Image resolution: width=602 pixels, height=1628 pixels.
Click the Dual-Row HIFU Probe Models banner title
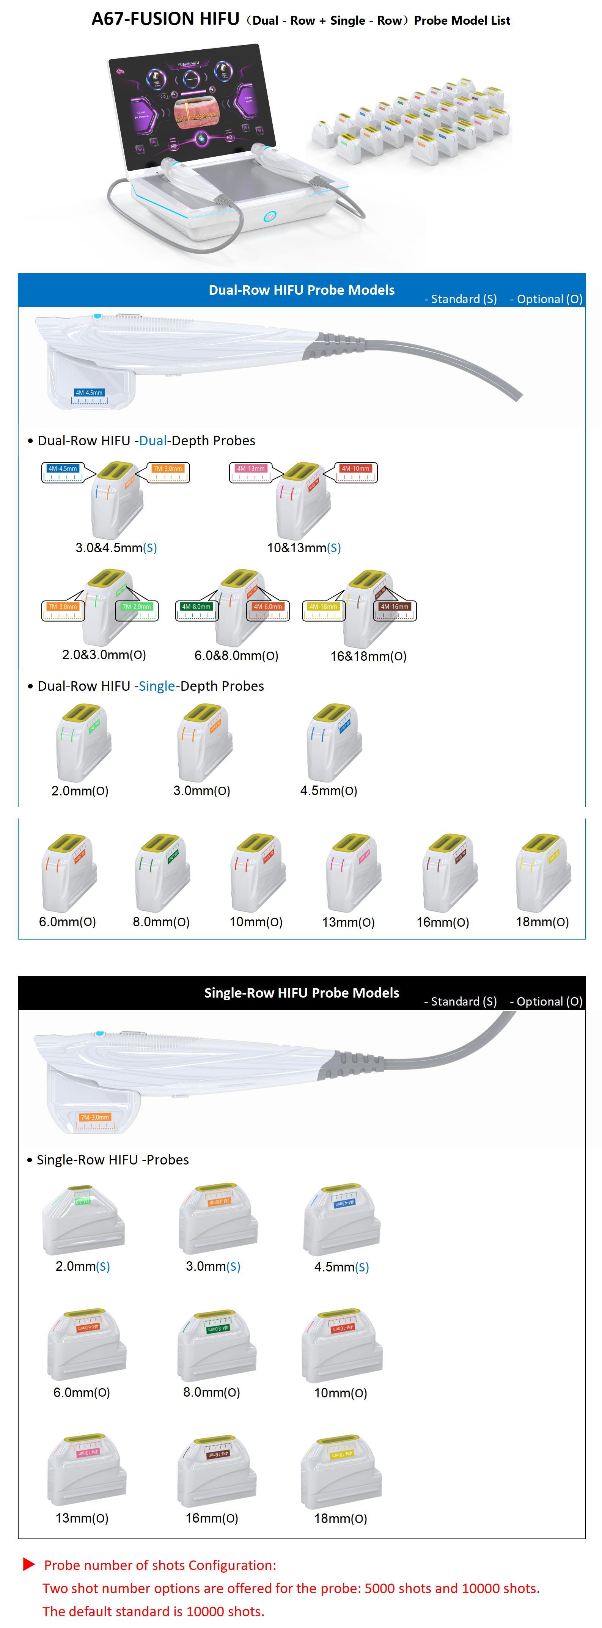click(x=301, y=290)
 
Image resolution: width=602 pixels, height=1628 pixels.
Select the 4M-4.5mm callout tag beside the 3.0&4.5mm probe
click(x=63, y=469)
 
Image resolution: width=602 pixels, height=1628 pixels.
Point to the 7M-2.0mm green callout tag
click(x=137, y=607)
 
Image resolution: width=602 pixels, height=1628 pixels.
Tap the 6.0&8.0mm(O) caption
click(x=236, y=655)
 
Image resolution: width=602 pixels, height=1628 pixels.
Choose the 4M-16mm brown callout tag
click(x=394, y=607)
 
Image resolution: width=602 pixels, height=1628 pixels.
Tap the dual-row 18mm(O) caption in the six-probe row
click(x=542, y=922)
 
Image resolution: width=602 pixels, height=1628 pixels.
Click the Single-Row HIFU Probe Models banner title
click(x=301, y=993)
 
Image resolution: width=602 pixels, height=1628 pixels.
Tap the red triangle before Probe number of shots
click(x=28, y=1564)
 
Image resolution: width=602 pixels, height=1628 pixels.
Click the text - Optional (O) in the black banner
click(x=546, y=1002)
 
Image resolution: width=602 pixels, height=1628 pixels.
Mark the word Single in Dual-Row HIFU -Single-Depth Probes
click(x=156, y=686)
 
